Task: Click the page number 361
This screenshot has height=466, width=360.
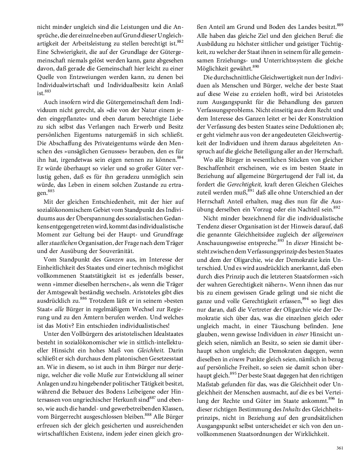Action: pos(339,448)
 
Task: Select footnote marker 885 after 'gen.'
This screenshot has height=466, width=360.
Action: pos(51,191)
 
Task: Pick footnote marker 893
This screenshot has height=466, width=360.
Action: pos(281,241)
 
